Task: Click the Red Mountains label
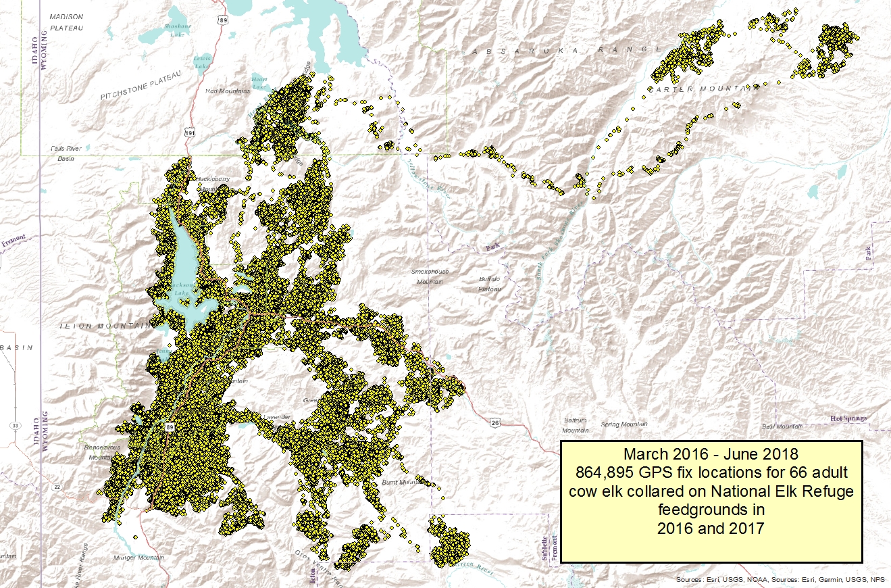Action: [x=228, y=91]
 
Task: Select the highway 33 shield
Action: [x=14, y=426]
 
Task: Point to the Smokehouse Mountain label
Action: [x=431, y=276]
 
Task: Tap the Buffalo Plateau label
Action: [x=490, y=283]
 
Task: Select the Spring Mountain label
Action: [x=624, y=424]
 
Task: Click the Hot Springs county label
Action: [x=848, y=419]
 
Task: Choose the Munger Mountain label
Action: [x=141, y=558]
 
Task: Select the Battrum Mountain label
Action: [x=575, y=425]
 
